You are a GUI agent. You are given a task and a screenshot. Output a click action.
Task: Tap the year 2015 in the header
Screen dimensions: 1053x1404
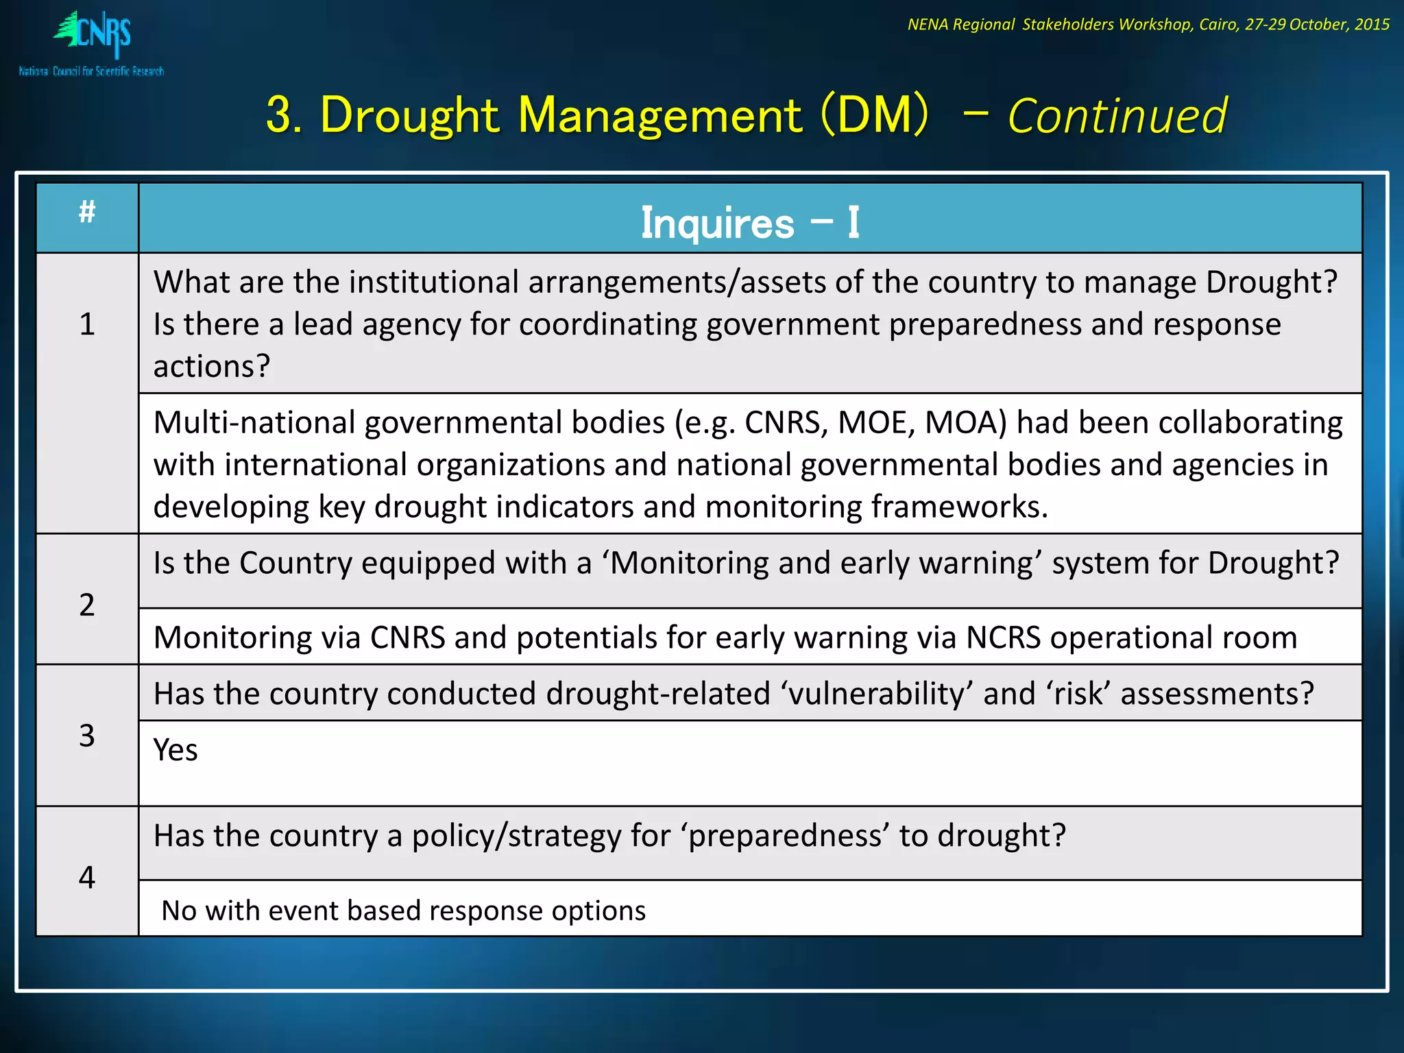pyautogui.click(x=1372, y=25)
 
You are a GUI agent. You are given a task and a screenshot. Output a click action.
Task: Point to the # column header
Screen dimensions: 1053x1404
pyautogui.click(x=87, y=213)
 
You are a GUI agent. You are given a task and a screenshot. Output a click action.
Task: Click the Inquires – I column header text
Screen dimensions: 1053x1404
pyautogui.click(x=750, y=223)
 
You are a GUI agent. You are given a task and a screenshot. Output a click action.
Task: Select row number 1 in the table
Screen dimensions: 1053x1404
pyautogui.click(x=87, y=324)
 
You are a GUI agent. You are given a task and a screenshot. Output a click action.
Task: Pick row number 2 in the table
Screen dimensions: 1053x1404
pyautogui.click(x=87, y=605)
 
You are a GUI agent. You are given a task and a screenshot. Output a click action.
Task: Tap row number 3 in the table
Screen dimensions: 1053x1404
pyautogui.click(x=87, y=736)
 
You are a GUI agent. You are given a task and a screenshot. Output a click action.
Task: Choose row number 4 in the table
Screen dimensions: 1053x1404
pyautogui.click(x=87, y=877)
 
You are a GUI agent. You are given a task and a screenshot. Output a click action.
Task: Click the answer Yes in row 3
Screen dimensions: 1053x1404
pyautogui.click(x=175, y=750)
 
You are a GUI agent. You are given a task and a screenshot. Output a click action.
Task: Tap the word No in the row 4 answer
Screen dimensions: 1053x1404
pyautogui.click(x=179, y=910)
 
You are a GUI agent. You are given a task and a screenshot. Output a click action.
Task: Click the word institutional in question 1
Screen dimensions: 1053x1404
pyautogui.click(x=434, y=282)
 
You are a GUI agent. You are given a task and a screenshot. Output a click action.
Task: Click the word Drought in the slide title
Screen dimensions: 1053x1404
pyautogui.click(x=409, y=114)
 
